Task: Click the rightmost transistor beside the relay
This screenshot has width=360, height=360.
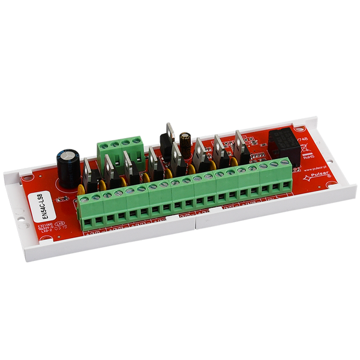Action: [241, 148]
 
